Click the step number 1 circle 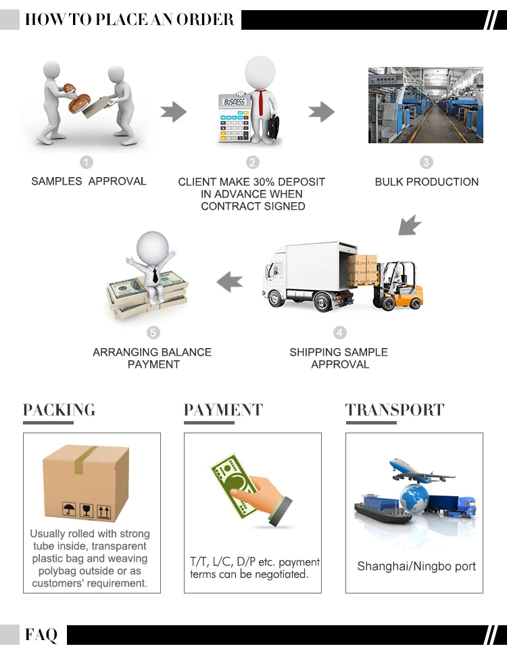pos(87,162)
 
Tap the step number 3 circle pos(426,162)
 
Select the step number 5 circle pos(153,333)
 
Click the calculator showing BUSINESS pos(233,117)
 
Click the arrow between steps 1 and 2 pos(173,112)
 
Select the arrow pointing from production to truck pos(409,224)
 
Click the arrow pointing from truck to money pos(230,281)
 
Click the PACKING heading pos(59,410)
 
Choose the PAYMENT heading pos(223,410)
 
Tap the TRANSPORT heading pos(395,410)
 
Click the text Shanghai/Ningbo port pos(416,566)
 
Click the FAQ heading pos(41,635)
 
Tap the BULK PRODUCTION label pos(427,182)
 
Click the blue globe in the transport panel pos(414,499)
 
